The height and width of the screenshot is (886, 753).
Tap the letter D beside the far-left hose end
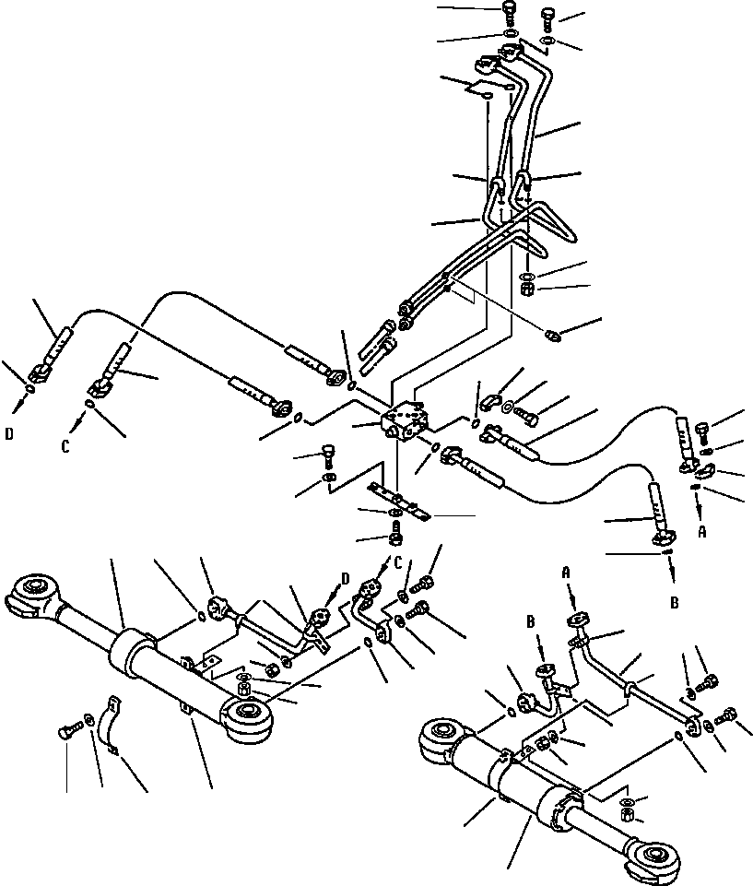pyautogui.click(x=8, y=429)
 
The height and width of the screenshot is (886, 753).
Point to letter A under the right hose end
pyautogui.click(x=702, y=532)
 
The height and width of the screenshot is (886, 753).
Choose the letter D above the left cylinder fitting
pyautogui.click(x=346, y=578)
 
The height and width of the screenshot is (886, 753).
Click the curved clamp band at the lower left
pyautogui.click(x=109, y=727)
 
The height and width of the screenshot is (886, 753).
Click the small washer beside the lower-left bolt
pyautogui.click(x=88, y=720)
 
